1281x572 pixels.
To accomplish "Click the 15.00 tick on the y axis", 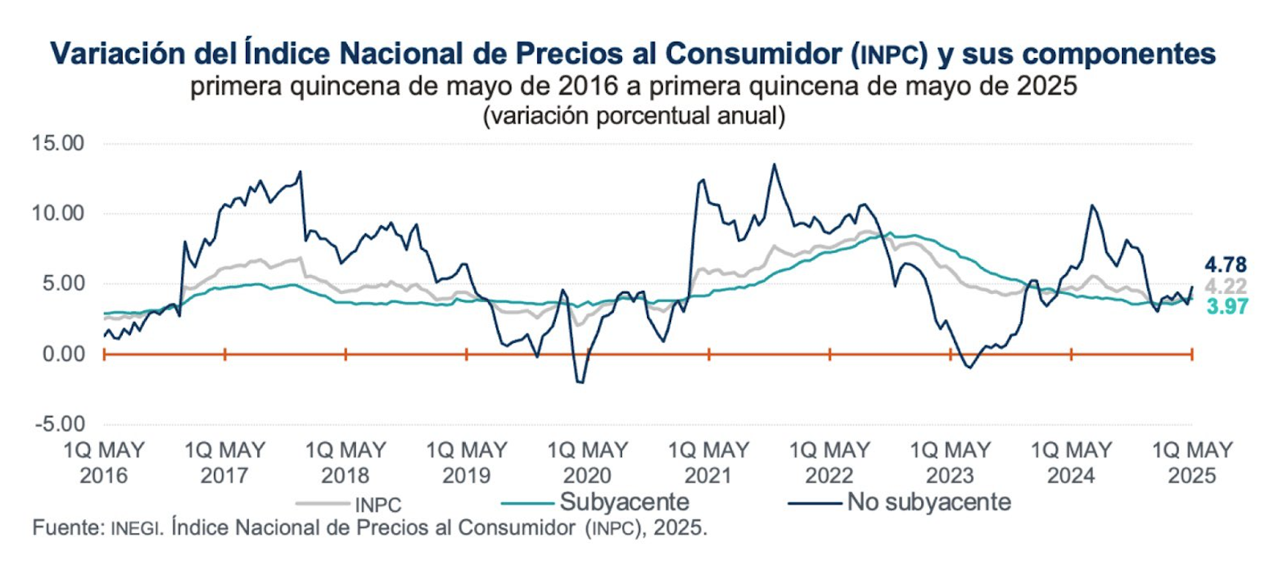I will (57, 143).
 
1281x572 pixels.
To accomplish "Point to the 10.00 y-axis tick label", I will (57, 213).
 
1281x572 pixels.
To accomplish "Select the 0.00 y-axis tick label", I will (63, 354).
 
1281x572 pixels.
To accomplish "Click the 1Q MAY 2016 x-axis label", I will (103, 463).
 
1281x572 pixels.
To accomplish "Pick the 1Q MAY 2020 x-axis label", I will (588, 463).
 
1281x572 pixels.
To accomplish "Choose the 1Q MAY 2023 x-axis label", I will (950, 463).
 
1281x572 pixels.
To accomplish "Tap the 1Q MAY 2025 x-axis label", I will (1192, 463).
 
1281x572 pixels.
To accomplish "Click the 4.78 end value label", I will (1225, 264).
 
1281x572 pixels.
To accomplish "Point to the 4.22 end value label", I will (1225, 286).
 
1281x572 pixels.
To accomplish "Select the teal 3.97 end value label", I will (1227, 306).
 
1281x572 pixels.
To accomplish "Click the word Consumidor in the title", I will (753, 54).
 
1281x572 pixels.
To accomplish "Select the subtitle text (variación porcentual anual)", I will (634, 116).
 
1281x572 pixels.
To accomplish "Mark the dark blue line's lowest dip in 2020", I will (580, 382).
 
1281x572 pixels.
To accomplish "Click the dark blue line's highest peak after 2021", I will (774, 165).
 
